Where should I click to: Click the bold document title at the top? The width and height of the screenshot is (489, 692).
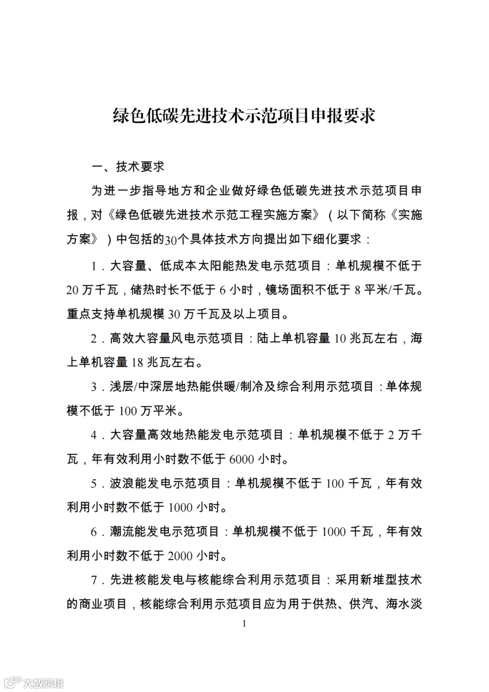point(244,116)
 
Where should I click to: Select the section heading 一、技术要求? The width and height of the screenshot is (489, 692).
point(128,167)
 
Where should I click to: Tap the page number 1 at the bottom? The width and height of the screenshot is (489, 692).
point(244,624)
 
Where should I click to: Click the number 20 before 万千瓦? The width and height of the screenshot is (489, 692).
point(72,290)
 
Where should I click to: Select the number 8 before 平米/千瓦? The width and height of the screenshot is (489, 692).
point(357,290)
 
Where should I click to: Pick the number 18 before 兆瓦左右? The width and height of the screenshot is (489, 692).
point(137,363)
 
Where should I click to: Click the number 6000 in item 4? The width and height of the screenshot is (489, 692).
point(241,460)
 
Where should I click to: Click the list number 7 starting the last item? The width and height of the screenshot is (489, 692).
point(94,580)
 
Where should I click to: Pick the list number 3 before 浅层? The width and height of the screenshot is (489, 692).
point(94,387)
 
